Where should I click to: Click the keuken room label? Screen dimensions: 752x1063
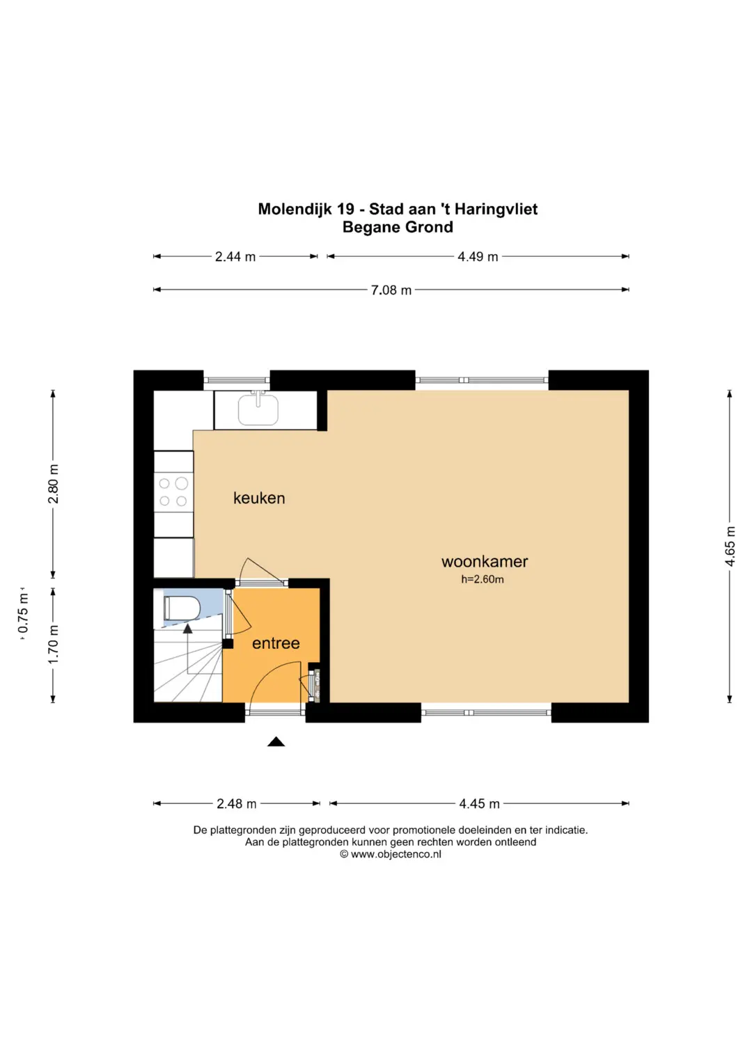pos(259,498)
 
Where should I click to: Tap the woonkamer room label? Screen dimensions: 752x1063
pos(484,561)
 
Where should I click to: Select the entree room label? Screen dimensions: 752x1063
pos(276,643)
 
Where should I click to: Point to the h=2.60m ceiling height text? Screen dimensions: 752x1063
pos(483,579)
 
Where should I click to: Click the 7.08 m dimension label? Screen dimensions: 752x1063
pos(391,290)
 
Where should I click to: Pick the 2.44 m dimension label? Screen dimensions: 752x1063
pos(235,257)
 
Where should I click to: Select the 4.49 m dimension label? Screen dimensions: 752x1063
pos(478,257)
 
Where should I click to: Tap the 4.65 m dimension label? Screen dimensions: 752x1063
pos(730,546)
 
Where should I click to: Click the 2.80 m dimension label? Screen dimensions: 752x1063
pos(54,484)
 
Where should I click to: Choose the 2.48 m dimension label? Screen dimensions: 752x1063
pos(237,803)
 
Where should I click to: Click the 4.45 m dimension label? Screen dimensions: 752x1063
pos(479,803)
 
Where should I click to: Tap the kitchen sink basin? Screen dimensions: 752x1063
pos(258,409)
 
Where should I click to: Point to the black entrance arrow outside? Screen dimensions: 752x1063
pos(276,741)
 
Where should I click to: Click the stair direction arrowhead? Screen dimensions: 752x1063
pos(188,629)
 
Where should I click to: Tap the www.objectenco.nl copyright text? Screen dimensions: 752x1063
pos(391,854)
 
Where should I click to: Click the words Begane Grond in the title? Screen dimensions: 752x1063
pos(398,228)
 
